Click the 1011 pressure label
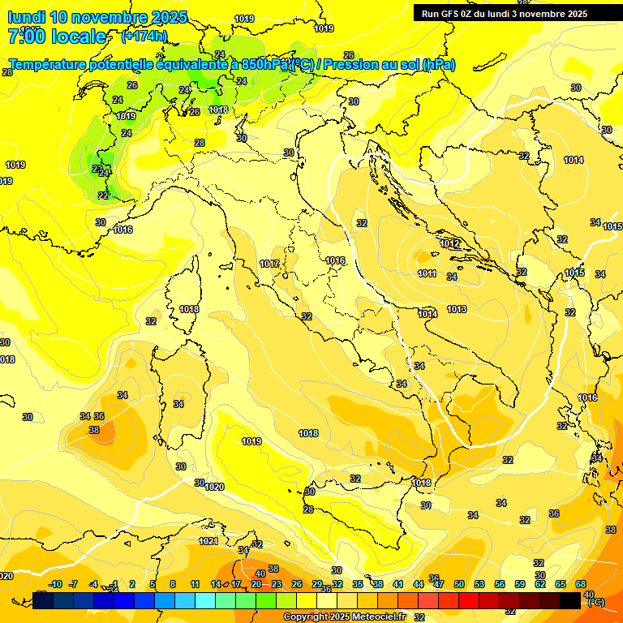click(x=428, y=273)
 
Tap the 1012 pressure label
click(x=450, y=243)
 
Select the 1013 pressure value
click(x=456, y=309)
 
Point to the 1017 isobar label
click(x=269, y=264)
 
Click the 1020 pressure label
click(x=214, y=487)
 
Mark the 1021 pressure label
click(x=208, y=541)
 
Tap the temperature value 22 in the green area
click(x=103, y=195)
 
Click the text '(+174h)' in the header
click(x=144, y=36)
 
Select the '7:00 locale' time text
click(x=57, y=36)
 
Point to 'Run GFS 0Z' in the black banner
click(x=451, y=14)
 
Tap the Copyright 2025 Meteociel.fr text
click(x=344, y=617)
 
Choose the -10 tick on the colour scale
click(x=55, y=584)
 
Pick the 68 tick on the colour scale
click(x=582, y=584)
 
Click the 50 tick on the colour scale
click(x=459, y=584)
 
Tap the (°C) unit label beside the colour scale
click(x=595, y=601)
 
